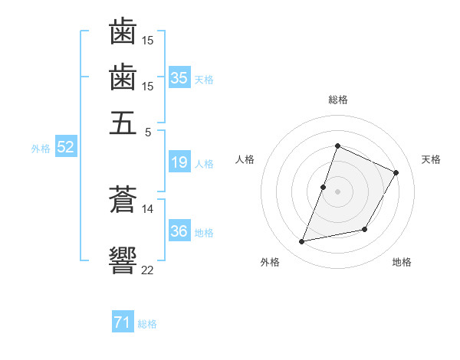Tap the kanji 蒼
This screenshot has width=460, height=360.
tap(123, 201)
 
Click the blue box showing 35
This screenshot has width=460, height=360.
tap(179, 77)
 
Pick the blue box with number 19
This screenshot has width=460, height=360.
tap(179, 162)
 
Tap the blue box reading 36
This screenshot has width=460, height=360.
tap(179, 231)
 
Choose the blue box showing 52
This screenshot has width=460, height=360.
tap(65, 147)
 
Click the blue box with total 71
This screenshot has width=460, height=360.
tap(123, 322)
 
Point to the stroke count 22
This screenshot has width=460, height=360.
tap(147, 269)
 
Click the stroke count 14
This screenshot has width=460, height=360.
tap(147, 208)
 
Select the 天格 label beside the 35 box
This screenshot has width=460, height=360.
tap(204, 79)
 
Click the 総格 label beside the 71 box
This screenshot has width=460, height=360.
tap(147, 324)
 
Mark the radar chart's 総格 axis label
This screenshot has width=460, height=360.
tap(338, 100)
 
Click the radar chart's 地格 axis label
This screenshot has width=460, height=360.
tap(402, 262)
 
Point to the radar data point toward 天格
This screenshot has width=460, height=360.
tap(396, 172)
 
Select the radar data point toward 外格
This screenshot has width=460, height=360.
tap(302, 242)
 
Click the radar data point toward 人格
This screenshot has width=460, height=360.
tap(324, 187)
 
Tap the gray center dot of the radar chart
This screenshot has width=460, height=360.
tap(338, 191)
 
